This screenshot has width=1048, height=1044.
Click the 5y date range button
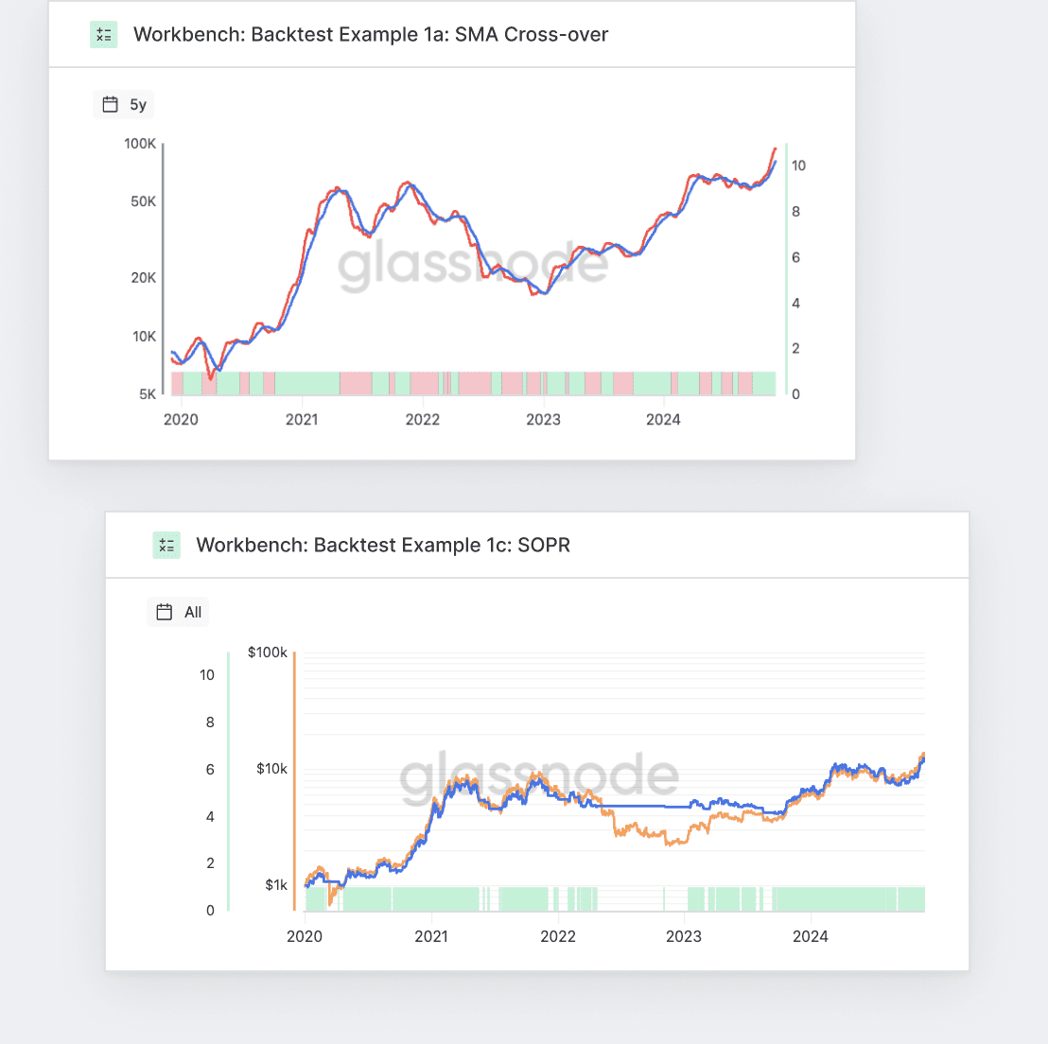pyautogui.click(x=124, y=105)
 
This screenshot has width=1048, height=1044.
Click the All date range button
pyautogui.click(x=179, y=612)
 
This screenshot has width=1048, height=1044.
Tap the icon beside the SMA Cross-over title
pyautogui.click(x=104, y=35)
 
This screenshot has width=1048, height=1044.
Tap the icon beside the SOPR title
pyautogui.click(x=166, y=545)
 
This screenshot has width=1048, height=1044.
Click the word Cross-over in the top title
pyautogui.click(x=556, y=35)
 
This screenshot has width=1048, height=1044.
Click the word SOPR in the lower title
pyautogui.click(x=544, y=545)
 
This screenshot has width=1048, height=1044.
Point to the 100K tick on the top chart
pyautogui.click(x=140, y=144)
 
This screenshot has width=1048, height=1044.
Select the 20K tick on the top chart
pyautogui.click(x=144, y=278)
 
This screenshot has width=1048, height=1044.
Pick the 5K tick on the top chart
pyautogui.click(x=148, y=394)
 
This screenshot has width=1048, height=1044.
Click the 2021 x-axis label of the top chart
pyautogui.click(x=302, y=420)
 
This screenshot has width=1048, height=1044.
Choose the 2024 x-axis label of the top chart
pyautogui.click(x=663, y=420)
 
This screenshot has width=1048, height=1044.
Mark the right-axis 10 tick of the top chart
pyautogui.click(x=798, y=165)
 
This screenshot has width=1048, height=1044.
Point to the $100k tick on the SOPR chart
pyautogui.click(x=267, y=652)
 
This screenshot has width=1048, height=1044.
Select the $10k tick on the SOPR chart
pyautogui.click(x=271, y=769)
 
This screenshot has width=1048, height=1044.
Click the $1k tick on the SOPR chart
pyautogui.click(x=275, y=886)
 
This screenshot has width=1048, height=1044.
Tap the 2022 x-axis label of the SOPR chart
pyautogui.click(x=558, y=937)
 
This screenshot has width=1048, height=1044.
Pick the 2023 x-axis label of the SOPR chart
pyautogui.click(x=684, y=937)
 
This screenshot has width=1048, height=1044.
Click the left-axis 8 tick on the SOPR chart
pyautogui.click(x=210, y=722)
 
